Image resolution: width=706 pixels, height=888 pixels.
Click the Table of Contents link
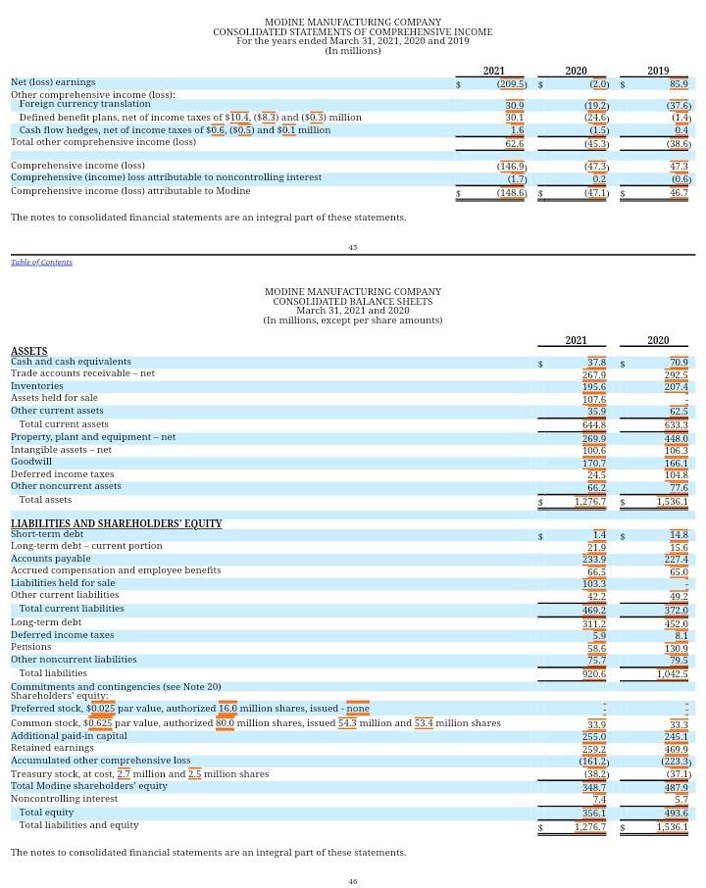click(41, 262)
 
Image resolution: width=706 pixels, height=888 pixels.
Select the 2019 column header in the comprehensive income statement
click(658, 71)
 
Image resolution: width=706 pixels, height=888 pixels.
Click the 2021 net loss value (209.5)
click(511, 84)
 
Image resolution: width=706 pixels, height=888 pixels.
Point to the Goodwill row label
click(30, 462)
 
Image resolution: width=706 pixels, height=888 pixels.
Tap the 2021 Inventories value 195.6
click(594, 387)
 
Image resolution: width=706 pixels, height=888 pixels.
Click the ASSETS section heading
click(28, 351)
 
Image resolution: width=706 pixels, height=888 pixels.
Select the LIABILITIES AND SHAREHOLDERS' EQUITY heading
click(116, 524)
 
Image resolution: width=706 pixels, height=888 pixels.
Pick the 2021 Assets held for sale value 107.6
click(594, 399)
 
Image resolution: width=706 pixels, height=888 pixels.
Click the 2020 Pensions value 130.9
click(676, 648)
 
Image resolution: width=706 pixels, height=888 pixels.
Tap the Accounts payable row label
click(50, 559)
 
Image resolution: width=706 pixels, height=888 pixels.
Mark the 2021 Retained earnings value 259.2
click(594, 749)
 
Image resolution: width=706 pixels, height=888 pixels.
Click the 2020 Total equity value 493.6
click(676, 813)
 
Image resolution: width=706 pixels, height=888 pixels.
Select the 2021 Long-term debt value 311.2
click(594, 623)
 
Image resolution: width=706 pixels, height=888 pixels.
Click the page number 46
click(353, 881)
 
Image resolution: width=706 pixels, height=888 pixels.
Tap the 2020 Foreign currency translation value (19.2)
click(597, 105)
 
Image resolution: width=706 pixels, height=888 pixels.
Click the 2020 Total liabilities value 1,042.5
click(672, 674)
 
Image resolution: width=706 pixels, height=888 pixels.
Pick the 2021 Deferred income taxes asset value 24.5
click(596, 474)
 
